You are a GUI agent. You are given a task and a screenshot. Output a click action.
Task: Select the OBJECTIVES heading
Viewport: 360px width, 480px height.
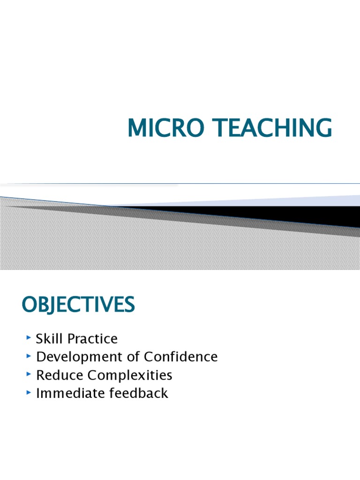pos(78,305)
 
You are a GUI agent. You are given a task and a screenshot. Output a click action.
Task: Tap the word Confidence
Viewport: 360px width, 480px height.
pos(181,357)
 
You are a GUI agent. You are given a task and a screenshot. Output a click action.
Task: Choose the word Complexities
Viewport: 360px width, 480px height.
pos(127,375)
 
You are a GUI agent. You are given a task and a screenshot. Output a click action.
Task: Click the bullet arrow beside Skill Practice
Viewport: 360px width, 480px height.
pos(29,337)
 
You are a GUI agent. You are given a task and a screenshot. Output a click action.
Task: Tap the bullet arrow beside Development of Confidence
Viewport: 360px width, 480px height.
pos(29,356)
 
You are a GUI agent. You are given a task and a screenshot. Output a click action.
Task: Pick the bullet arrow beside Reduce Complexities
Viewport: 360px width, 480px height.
pos(29,374)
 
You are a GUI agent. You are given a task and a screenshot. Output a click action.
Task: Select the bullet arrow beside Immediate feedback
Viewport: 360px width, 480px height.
pos(29,392)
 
